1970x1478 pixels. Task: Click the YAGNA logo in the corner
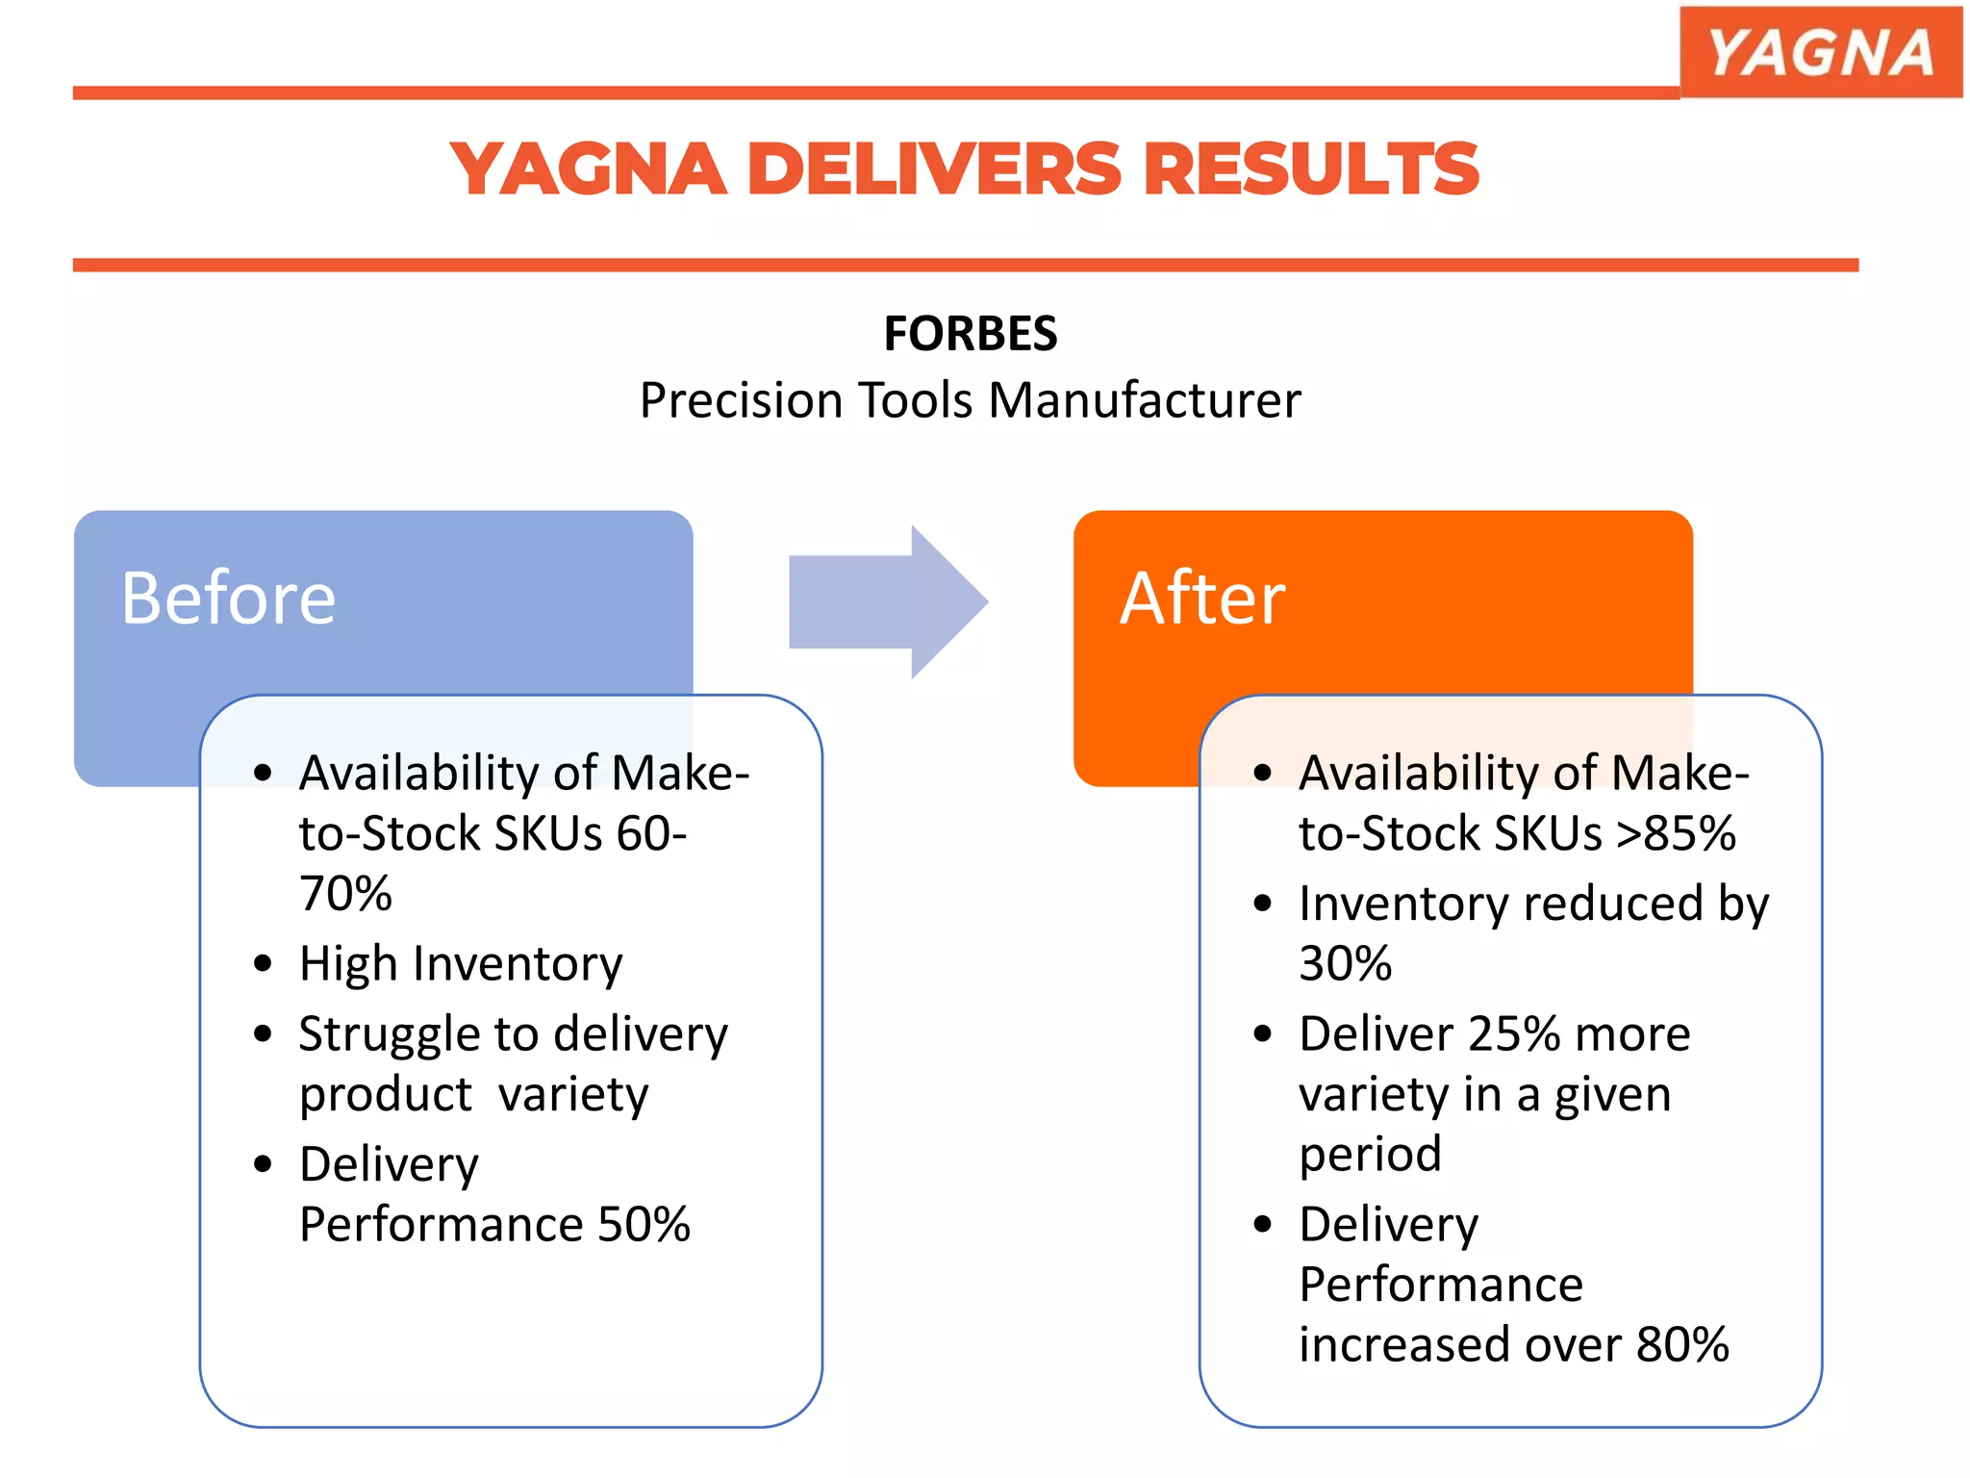(x=1820, y=52)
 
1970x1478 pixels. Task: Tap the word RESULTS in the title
(x=1310, y=169)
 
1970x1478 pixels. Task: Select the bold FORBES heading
(x=970, y=334)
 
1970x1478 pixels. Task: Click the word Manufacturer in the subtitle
(x=1145, y=400)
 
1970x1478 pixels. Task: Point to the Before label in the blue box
(x=228, y=599)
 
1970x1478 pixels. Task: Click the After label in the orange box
(x=1201, y=599)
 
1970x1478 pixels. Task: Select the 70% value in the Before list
(x=345, y=893)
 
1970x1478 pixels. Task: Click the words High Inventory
(x=461, y=963)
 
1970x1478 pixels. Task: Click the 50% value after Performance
(x=644, y=1225)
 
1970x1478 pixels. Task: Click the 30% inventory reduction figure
(x=1345, y=963)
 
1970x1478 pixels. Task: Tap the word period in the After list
(x=1370, y=1154)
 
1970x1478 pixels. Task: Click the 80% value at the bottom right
(x=1682, y=1344)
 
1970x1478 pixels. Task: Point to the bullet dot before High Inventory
(x=264, y=963)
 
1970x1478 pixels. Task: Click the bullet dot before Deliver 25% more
(x=1263, y=1034)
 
